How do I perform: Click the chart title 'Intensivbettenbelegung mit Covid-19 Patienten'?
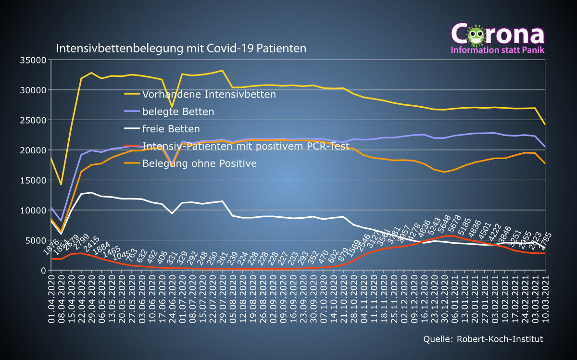181,49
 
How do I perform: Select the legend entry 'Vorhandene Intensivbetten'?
209,94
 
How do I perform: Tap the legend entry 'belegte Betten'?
178,112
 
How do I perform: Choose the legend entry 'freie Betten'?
171,129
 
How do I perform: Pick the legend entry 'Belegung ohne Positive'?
199,163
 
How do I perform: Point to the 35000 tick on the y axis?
33,60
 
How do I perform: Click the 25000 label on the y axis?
33,120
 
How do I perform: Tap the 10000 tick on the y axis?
33,210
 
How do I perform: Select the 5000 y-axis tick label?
36,240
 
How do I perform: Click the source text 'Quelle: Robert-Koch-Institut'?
483,339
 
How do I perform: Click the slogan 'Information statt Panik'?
497,50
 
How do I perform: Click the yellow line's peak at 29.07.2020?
222,71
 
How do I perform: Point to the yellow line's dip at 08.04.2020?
61,184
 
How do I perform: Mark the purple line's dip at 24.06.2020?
172,164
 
